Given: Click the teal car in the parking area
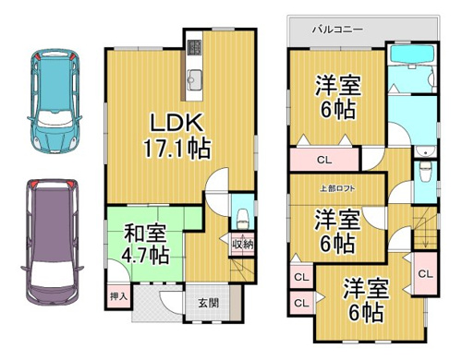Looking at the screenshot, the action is pos(55,101).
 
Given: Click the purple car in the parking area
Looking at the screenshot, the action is pos(52,242).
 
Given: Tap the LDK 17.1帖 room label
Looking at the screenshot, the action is pos(176,136).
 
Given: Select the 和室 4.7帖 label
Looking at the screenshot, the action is pos(145,244).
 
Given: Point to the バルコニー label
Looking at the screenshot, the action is pos(337,30).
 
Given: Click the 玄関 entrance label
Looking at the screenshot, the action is pos(209,303).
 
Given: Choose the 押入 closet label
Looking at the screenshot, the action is pos(118,296).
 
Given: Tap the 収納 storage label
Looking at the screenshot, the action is pos(243,245).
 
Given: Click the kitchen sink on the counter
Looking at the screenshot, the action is pos(195,79).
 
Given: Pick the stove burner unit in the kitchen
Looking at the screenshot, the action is pos(194,48).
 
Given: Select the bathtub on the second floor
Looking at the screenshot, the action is pos(412,54).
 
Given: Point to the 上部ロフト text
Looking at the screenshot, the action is pos(337,188).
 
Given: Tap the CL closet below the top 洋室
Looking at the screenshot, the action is pos(324,160).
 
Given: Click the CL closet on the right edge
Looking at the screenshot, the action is pos(426,274).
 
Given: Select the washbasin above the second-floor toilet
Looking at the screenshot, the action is pos(425,151).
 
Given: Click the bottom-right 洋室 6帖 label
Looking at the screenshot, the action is pos(366,300).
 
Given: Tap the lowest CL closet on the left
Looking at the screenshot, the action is pos(301,303).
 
